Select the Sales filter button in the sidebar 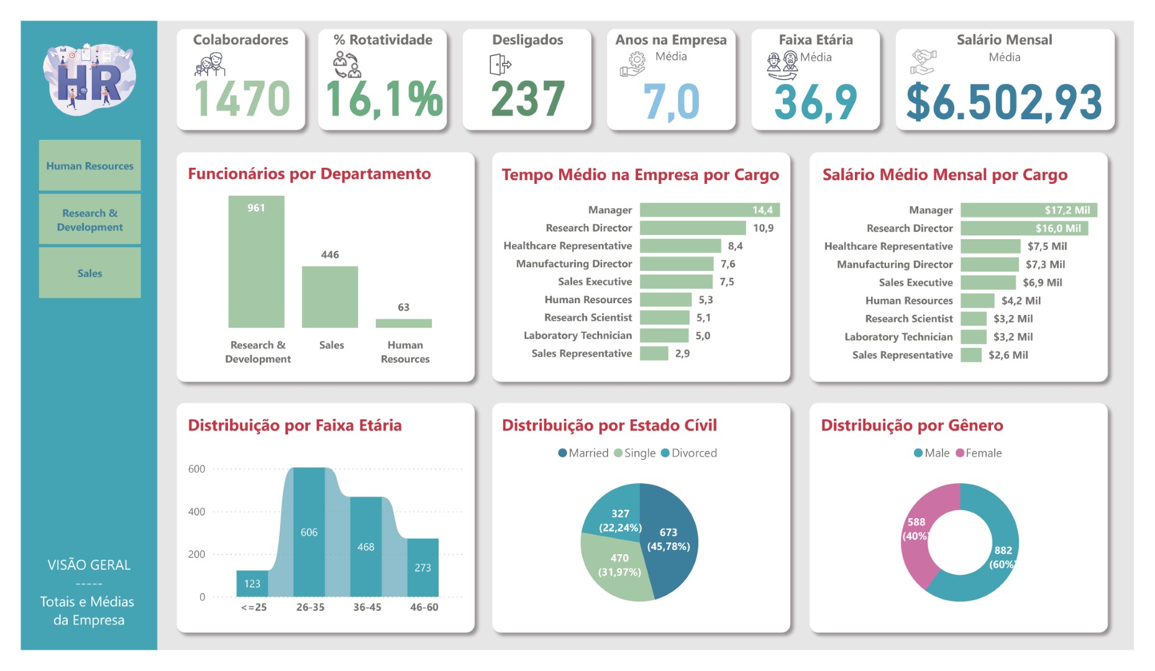coord(89,273)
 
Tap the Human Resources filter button coord(89,166)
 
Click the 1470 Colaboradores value coord(242,99)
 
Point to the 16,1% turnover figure coord(383,99)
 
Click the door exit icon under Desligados coord(500,64)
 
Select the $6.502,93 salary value coord(1004,103)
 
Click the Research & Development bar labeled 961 coord(256,262)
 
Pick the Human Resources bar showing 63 coord(403,323)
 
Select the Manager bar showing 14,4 coord(709,210)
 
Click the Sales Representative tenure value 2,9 coord(682,354)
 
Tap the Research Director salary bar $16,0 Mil coord(1023,228)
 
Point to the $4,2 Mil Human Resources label coord(1021,301)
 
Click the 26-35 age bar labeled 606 coord(309,532)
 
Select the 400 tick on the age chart coord(196,512)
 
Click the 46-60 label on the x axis coord(424,607)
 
